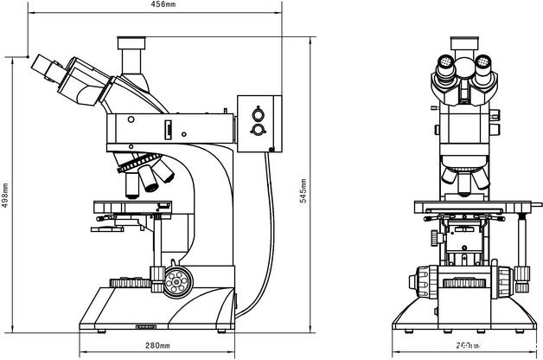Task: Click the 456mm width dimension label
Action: [x=163, y=4]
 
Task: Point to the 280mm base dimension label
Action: [x=157, y=346]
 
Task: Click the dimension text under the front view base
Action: [x=467, y=346]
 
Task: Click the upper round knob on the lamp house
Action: [x=257, y=113]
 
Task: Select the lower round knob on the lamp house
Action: [x=257, y=130]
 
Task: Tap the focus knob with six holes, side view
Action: [x=177, y=280]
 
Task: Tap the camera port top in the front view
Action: [x=464, y=42]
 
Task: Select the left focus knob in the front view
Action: [x=423, y=282]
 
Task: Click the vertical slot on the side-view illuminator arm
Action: [x=169, y=130]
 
